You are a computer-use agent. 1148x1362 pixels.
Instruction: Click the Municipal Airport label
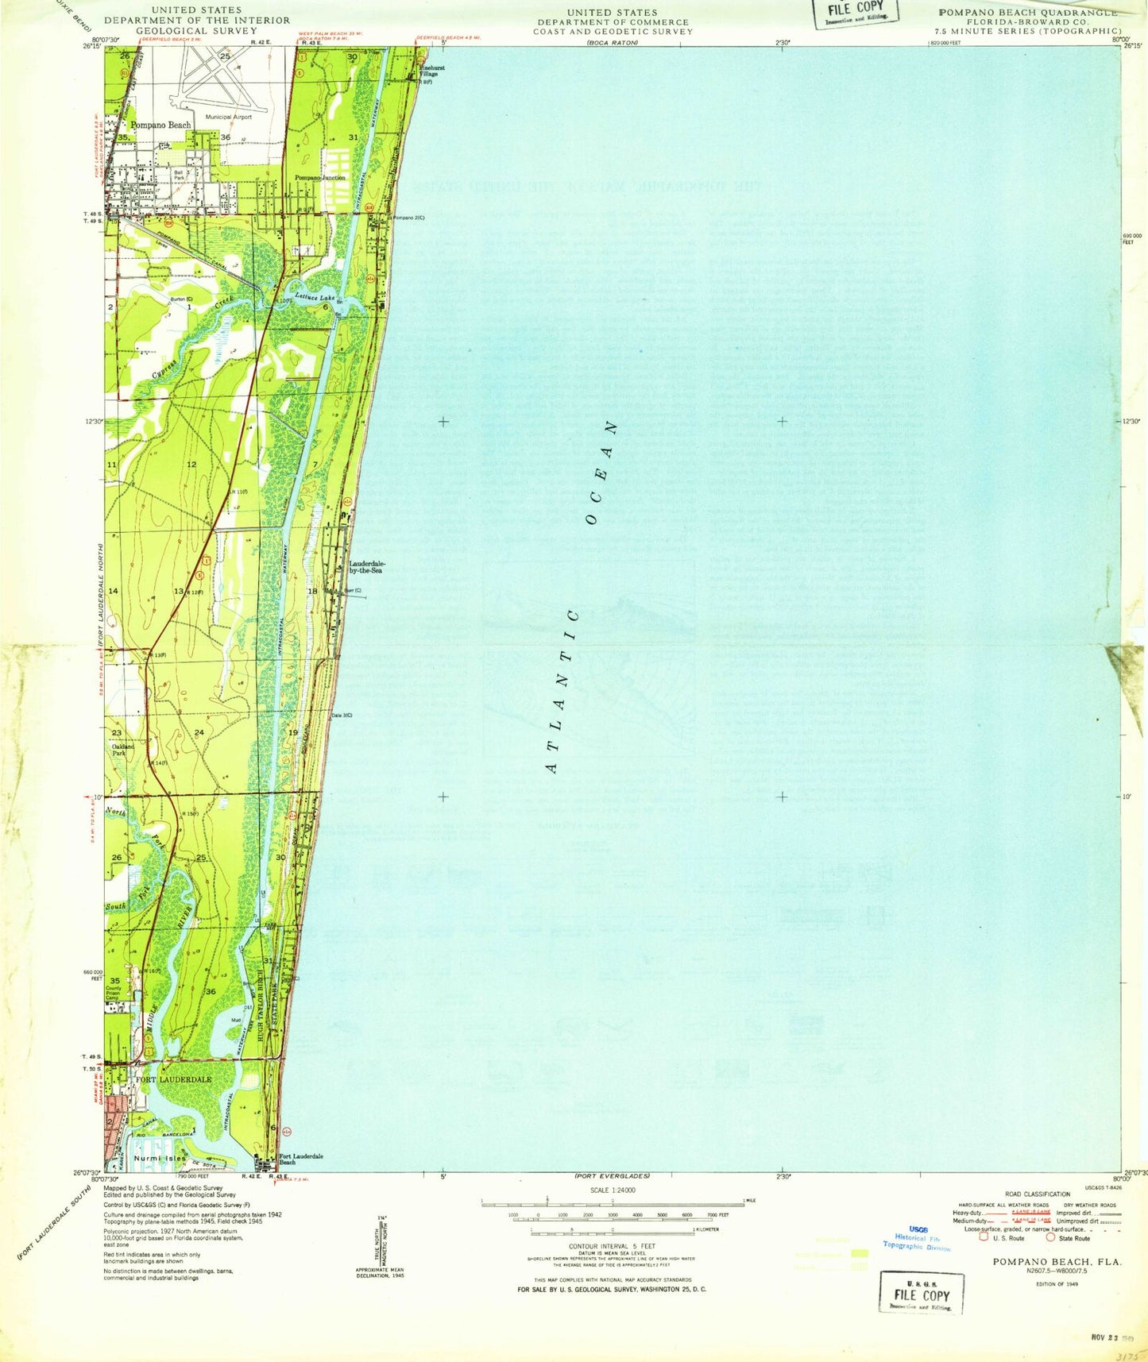click(228, 117)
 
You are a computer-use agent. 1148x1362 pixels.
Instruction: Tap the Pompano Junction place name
click(320, 178)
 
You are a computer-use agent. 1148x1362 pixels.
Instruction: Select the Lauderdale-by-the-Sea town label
click(367, 567)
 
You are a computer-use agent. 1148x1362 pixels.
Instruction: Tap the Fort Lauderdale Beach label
click(300, 1159)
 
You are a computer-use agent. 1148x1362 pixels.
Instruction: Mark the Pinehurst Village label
click(432, 71)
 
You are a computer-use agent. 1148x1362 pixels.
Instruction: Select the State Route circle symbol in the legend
click(1050, 1237)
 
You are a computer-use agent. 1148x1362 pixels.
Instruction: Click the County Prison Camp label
click(114, 993)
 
